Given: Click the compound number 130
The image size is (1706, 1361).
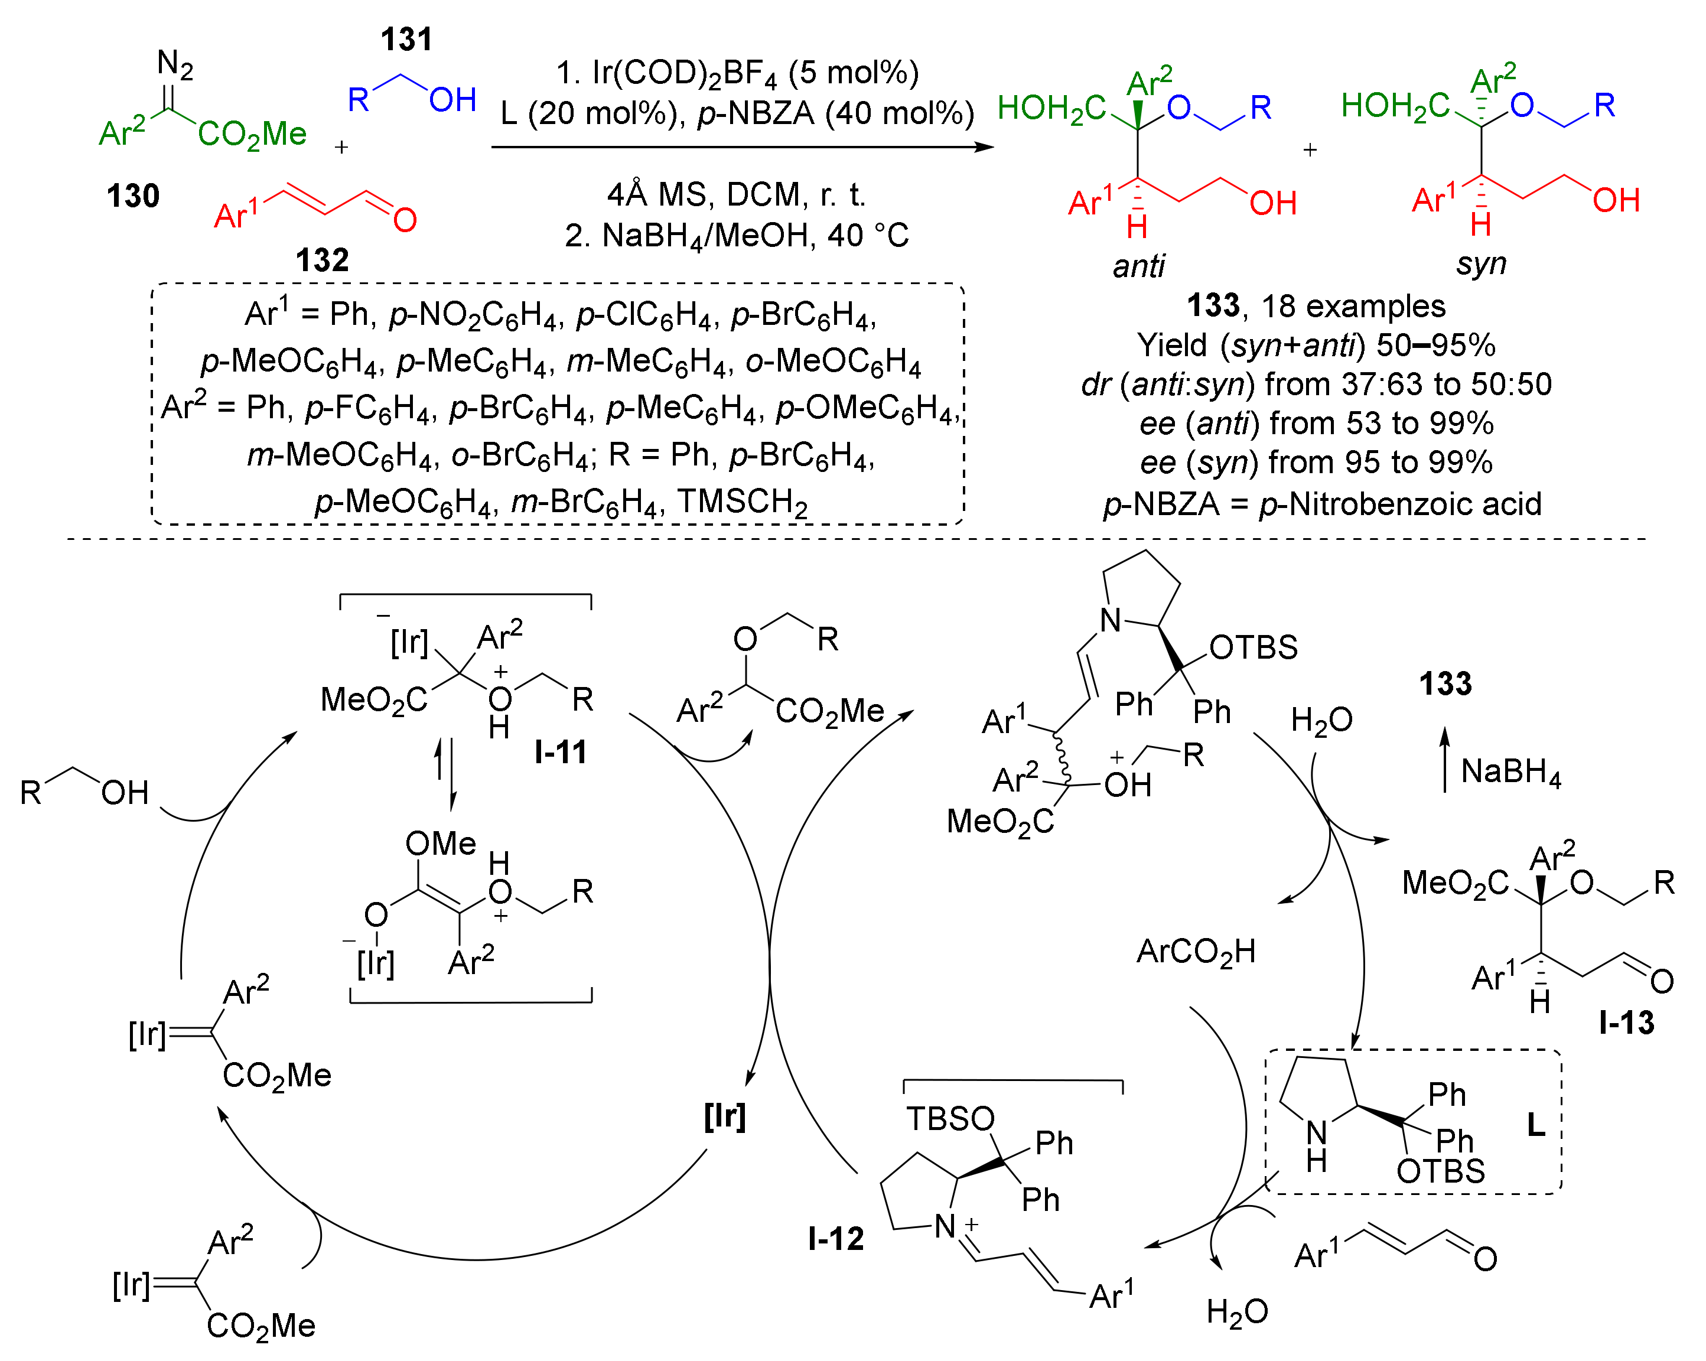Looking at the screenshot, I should (x=133, y=196).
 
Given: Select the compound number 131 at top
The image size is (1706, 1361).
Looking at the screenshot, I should (x=406, y=40).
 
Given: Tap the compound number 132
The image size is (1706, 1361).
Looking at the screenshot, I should (x=322, y=259).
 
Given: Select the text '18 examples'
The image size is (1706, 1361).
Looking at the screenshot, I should (x=1353, y=306).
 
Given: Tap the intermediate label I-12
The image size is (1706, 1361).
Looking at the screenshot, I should (x=836, y=1238).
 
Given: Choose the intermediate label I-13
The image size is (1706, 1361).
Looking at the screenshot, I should (x=1626, y=1023).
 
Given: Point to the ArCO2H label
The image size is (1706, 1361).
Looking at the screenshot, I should (x=1196, y=951).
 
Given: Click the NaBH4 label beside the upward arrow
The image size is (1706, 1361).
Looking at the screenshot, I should (x=1510, y=771).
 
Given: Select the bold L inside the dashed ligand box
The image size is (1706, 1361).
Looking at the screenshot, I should (x=1535, y=1124).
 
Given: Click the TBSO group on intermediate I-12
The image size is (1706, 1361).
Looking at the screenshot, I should (x=949, y=1119).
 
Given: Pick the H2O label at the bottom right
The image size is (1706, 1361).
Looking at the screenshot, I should (x=1237, y=1312).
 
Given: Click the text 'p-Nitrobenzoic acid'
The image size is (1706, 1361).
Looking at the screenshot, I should (x=1400, y=504).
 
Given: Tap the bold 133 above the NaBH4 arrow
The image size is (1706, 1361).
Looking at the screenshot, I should (x=1445, y=683).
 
